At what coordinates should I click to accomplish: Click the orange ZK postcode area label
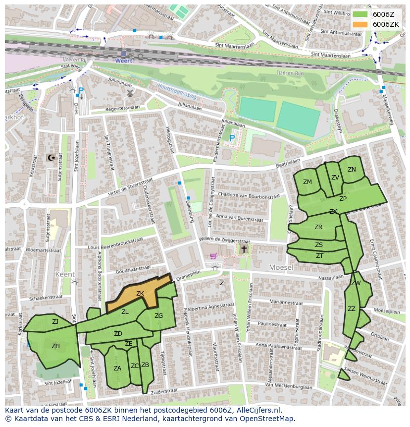140,294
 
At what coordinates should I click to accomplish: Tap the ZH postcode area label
55,346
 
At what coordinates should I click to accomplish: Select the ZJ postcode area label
55,322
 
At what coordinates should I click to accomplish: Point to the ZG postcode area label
158,316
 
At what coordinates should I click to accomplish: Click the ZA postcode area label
117,368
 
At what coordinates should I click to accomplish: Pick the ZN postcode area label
352,170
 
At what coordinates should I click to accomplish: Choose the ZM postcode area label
307,182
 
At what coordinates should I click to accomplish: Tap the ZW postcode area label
356,283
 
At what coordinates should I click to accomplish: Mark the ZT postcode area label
319,256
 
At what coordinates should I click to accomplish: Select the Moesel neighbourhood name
281,267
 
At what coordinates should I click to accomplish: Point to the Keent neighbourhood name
65,274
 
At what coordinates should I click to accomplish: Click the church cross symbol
244,249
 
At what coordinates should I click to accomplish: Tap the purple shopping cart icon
213,256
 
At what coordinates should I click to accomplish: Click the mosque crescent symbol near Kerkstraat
50,158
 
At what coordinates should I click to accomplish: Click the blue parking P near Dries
81,91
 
